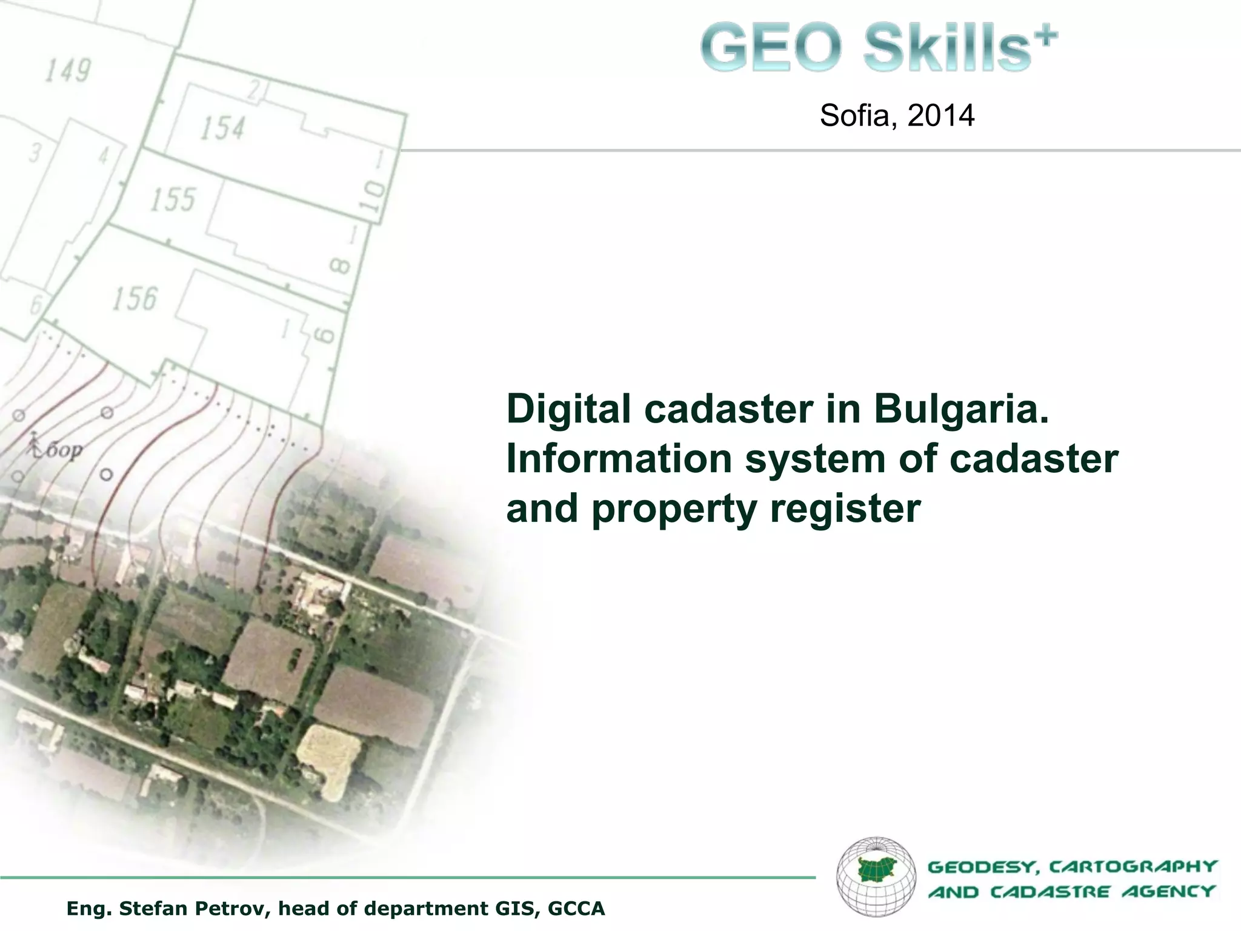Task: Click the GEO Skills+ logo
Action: (x=879, y=47)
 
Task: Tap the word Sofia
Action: (x=854, y=115)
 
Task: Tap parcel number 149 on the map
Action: (x=67, y=70)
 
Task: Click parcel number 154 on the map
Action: (x=222, y=128)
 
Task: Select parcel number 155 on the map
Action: (x=173, y=199)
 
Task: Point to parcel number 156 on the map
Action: (x=134, y=298)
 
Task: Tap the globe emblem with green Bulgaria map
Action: (x=876, y=876)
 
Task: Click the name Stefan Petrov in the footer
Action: (x=195, y=909)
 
